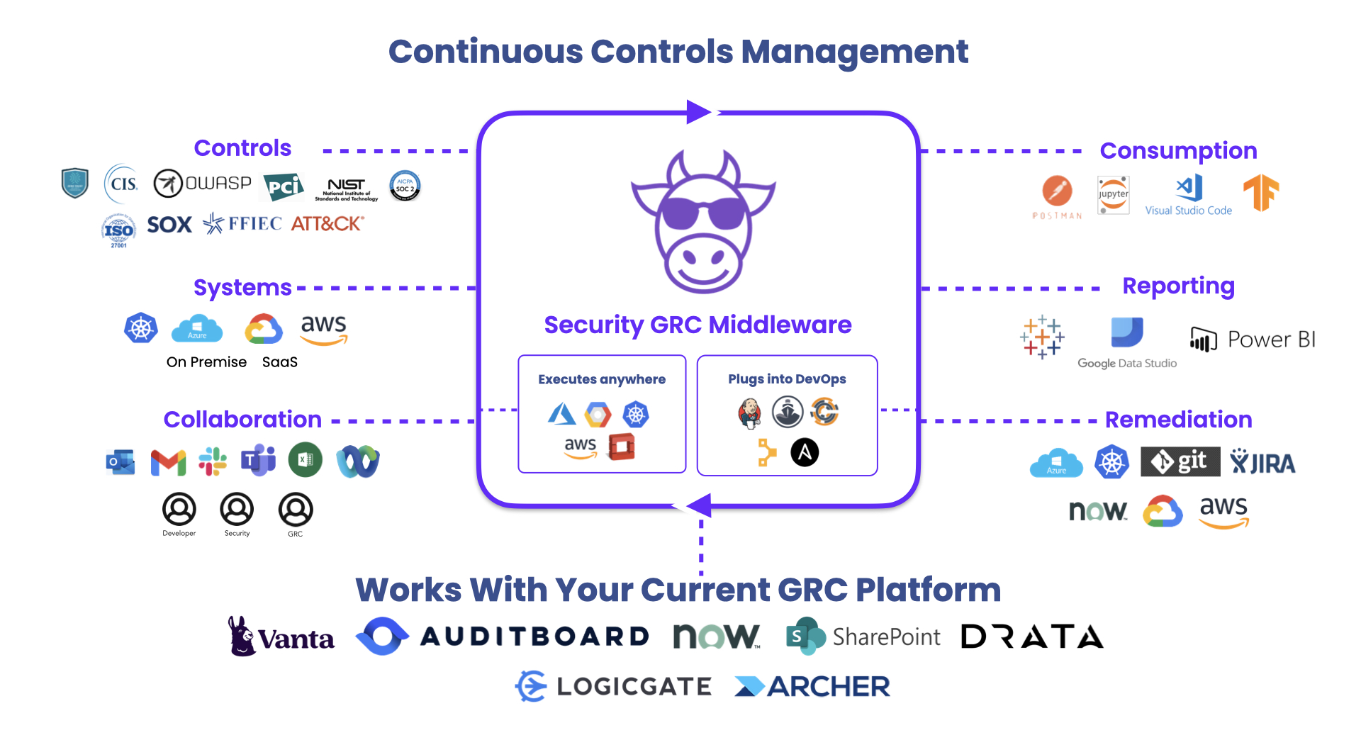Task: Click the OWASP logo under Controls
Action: coord(203,184)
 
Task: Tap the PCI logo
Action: coord(284,186)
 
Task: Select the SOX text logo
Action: coord(169,225)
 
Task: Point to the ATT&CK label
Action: coord(327,224)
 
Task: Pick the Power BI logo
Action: coord(1253,340)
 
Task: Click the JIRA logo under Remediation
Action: coord(1262,462)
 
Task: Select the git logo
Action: coord(1180,461)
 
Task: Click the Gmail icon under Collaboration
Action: coord(168,462)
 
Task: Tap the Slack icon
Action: coord(213,461)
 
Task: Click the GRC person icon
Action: coord(296,510)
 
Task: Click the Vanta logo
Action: coord(281,637)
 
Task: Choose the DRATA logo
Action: coord(1032,637)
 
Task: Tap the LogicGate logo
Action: coord(613,686)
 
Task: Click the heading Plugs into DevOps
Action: coord(787,379)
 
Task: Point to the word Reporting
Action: coord(1178,286)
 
